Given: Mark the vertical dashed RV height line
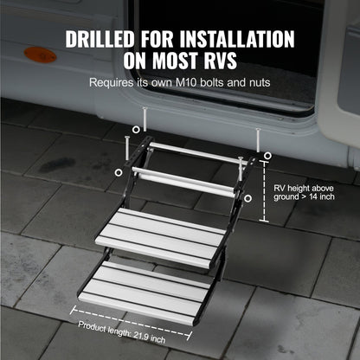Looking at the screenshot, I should [265, 194].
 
